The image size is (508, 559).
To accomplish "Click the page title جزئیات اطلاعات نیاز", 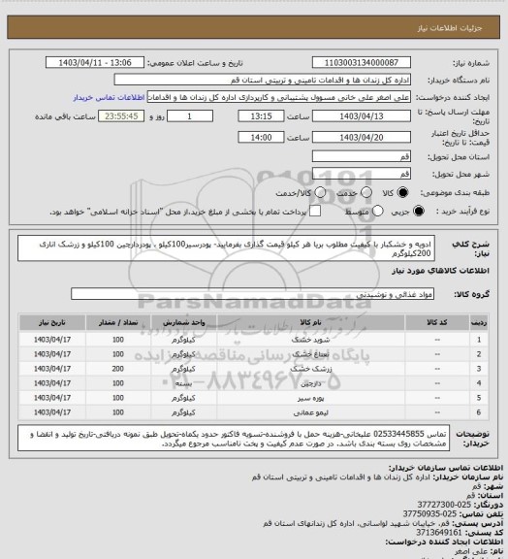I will pyautogui.click(x=455, y=10).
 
